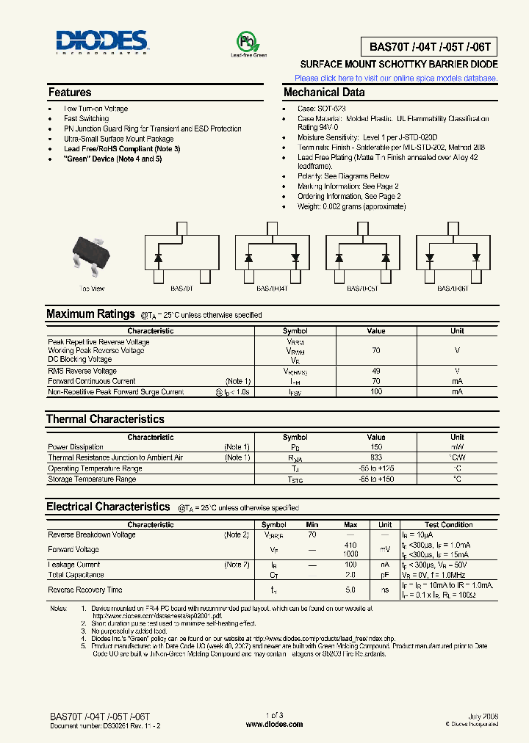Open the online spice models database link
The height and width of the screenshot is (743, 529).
point(396,78)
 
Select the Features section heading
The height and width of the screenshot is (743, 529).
point(70,93)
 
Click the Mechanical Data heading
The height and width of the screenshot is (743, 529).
point(324,93)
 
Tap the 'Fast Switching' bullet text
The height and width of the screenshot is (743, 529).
point(86,118)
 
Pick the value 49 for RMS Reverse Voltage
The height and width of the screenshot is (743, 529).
point(376,371)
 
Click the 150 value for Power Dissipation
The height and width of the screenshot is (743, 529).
point(376,446)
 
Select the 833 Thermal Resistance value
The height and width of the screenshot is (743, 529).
point(376,457)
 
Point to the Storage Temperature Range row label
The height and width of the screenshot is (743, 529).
point(92,479)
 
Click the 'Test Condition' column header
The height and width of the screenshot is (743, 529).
point(448,525)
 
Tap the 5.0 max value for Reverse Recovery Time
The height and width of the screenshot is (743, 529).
point(350,590)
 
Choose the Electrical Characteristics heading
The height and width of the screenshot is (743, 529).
point(108,507)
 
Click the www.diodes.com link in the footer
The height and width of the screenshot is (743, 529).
point(273,724)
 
